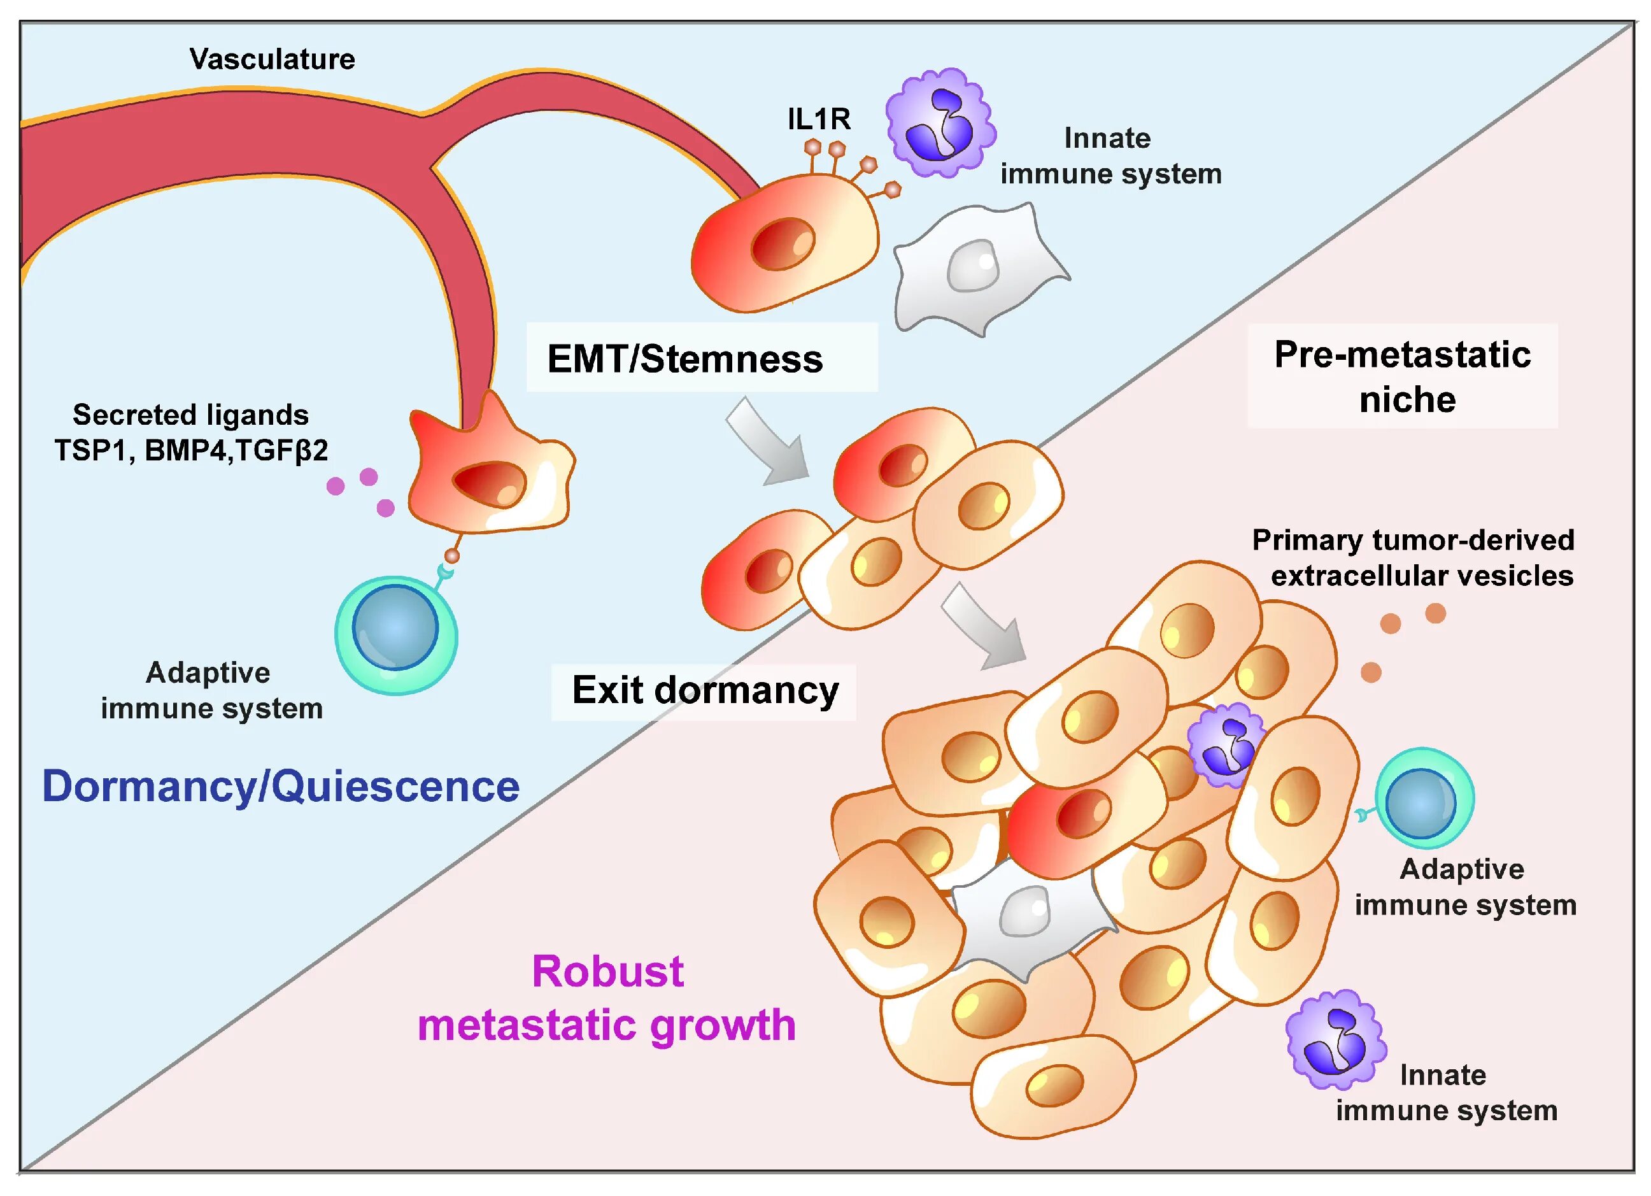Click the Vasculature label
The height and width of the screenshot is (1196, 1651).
pyautogui.click(x=273, y=59)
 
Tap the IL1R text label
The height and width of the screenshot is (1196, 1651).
pyautogui.click(x=819, y=118)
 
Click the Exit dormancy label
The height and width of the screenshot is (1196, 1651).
pyautogui.click(x=705, y=690)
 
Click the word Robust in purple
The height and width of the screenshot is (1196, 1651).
pyautogui.click(x=608, y=971)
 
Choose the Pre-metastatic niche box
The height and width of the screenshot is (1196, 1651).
pyautogui.click(x=1402, y=376)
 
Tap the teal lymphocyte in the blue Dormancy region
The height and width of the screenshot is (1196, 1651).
pyautogui.click(x=396, y=633)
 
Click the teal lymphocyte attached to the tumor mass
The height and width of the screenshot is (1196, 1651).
pyautogui.click(x=1422, y=799)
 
